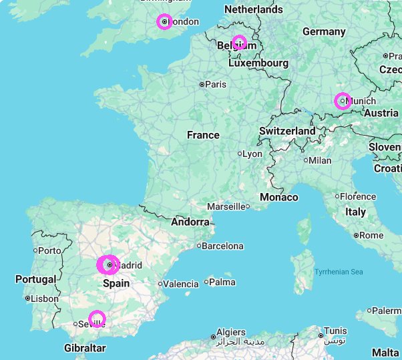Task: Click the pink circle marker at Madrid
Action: coord(108,265)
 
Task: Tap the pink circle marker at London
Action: coord(164,22)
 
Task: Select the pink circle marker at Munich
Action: coord(343,101)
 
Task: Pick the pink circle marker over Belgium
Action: coord(239,43)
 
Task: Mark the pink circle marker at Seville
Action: coord(97,319)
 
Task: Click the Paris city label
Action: coord(216,85)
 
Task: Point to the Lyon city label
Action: coord(252,154)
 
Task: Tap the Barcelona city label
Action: coord(222,246)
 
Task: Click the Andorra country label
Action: coord(190,222)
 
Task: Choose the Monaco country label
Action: coord(279,197)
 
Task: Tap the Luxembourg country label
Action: coord(258,63)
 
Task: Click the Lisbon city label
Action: coord(45,299)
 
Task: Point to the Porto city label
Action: coord(50,250)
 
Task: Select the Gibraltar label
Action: coord(85,348)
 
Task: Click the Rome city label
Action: coord(371,235)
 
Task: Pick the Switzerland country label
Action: coord(287,131)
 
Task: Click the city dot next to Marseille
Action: coord(248,206)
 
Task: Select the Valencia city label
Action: coord(181,284)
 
